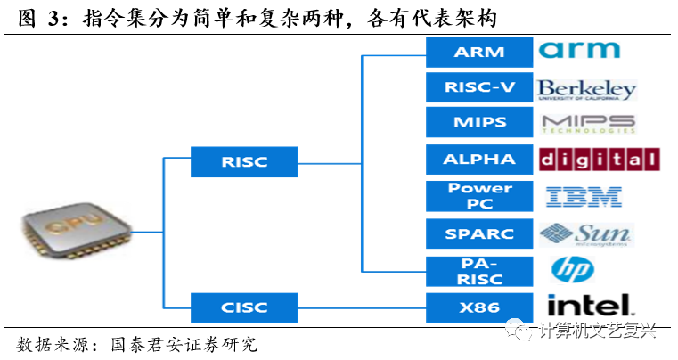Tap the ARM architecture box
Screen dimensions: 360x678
479,52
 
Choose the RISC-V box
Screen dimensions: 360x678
479,87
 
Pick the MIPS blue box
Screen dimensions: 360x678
479,123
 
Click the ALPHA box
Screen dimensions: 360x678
479,160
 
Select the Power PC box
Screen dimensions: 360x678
479,196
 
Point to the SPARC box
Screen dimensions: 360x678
479,233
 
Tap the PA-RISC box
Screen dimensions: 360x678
479,270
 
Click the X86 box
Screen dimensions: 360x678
479,307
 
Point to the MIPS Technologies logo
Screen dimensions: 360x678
587,123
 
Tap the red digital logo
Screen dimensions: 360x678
599,160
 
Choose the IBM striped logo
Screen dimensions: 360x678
584,196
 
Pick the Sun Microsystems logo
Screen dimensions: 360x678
585,233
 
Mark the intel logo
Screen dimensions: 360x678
588,306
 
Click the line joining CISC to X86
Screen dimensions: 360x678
360,307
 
